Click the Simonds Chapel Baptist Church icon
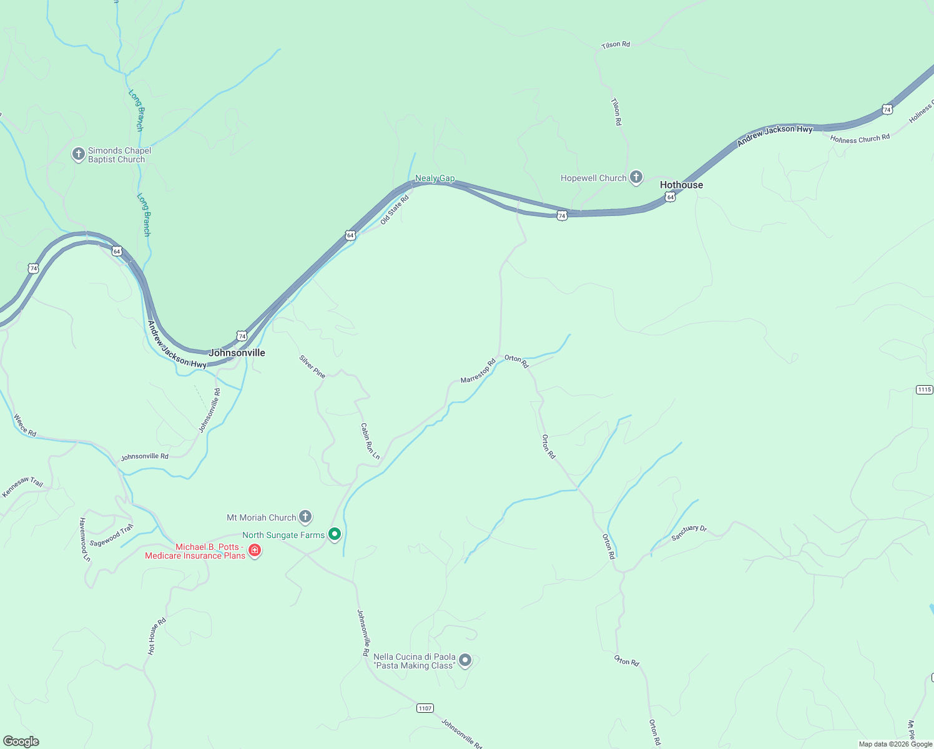click(x=78, y=154)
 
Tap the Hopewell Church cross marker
click(x=636, y=177)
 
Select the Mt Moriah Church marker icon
click(x=305, y=516)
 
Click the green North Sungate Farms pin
click(x=335, y=534)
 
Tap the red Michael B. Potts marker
click(x=254, y=550)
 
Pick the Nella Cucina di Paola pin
click(x=465, y=660)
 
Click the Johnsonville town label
click(x=237, y=353)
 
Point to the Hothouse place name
click(x=681, y=185)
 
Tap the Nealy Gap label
click(x=435, y=179)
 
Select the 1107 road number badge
click(x=425, y=708)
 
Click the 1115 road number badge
click(x=924, y=389)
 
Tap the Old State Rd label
click(x=395, y=209)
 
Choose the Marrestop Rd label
click(x=478, y=371)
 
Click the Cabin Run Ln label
click(x=370, y=441)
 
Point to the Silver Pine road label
click(x=312, y=367)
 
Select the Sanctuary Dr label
click(x=689, y=532)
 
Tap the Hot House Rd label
click(x=157, y=636)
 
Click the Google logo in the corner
click(x=21, y=742)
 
